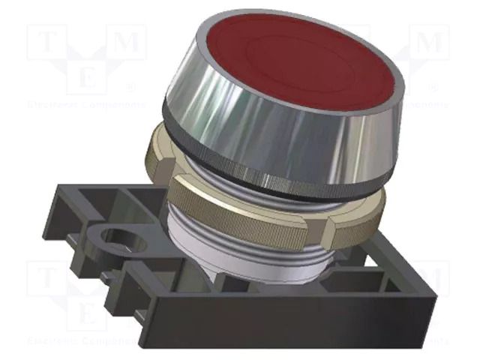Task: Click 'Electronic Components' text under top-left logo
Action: (83, 104)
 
